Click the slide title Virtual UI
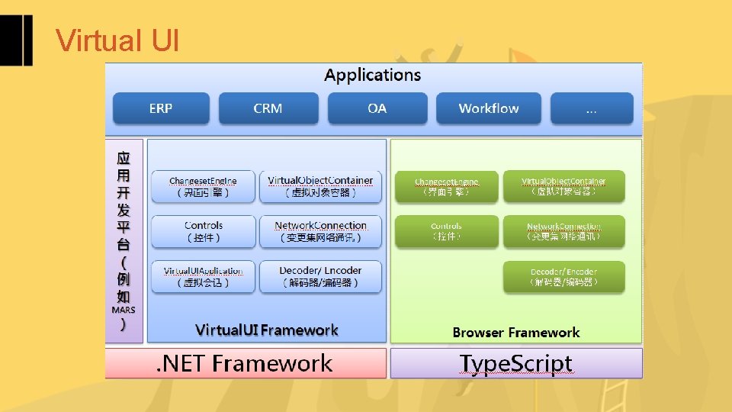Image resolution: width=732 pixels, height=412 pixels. click(x=117, y=40)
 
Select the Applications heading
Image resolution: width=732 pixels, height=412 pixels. click(x=372, y=75)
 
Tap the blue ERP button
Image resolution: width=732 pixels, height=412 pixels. click(x=161, y=108)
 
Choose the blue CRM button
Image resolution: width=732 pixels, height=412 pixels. click(x=268, y=108)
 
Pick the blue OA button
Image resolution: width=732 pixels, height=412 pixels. click(x=377, y=108)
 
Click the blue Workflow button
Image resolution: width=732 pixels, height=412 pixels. click(x=488, y=108)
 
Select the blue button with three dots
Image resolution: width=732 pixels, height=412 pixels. click(x=591, y=108)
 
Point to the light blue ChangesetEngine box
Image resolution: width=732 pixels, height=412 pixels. click(x=203, y=186)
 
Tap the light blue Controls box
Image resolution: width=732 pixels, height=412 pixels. click(x=203, y=231)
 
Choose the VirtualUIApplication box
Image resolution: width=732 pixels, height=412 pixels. click(x=203, y=276)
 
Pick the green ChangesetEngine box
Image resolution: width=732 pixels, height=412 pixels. click(x=446, y=186)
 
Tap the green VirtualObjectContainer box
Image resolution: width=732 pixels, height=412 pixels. click(x=563, y=186)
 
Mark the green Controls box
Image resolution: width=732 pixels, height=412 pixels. click(x=446, y=231)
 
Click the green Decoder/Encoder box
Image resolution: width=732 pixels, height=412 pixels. click(x=563, y=276)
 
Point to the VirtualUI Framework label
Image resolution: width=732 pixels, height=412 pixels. click(x=266, y=330)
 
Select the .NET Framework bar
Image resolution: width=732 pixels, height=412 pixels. click(x=246, y=363)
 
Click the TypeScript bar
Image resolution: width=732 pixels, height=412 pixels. click(x=516, y=363)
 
